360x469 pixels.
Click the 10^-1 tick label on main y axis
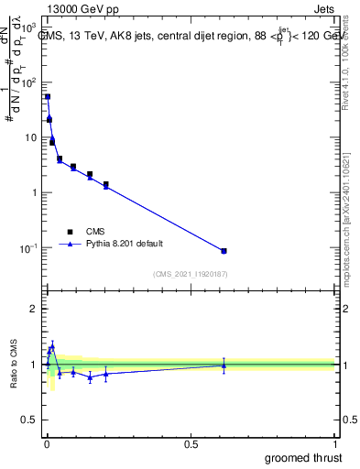[28, 248]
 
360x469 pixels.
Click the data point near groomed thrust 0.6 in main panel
[224, 250]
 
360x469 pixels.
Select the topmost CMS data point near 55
[48, 96]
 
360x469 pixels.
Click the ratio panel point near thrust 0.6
[224, 365]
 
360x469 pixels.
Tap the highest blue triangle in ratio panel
[52, 345]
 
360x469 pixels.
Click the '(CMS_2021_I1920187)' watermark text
[190, 273]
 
